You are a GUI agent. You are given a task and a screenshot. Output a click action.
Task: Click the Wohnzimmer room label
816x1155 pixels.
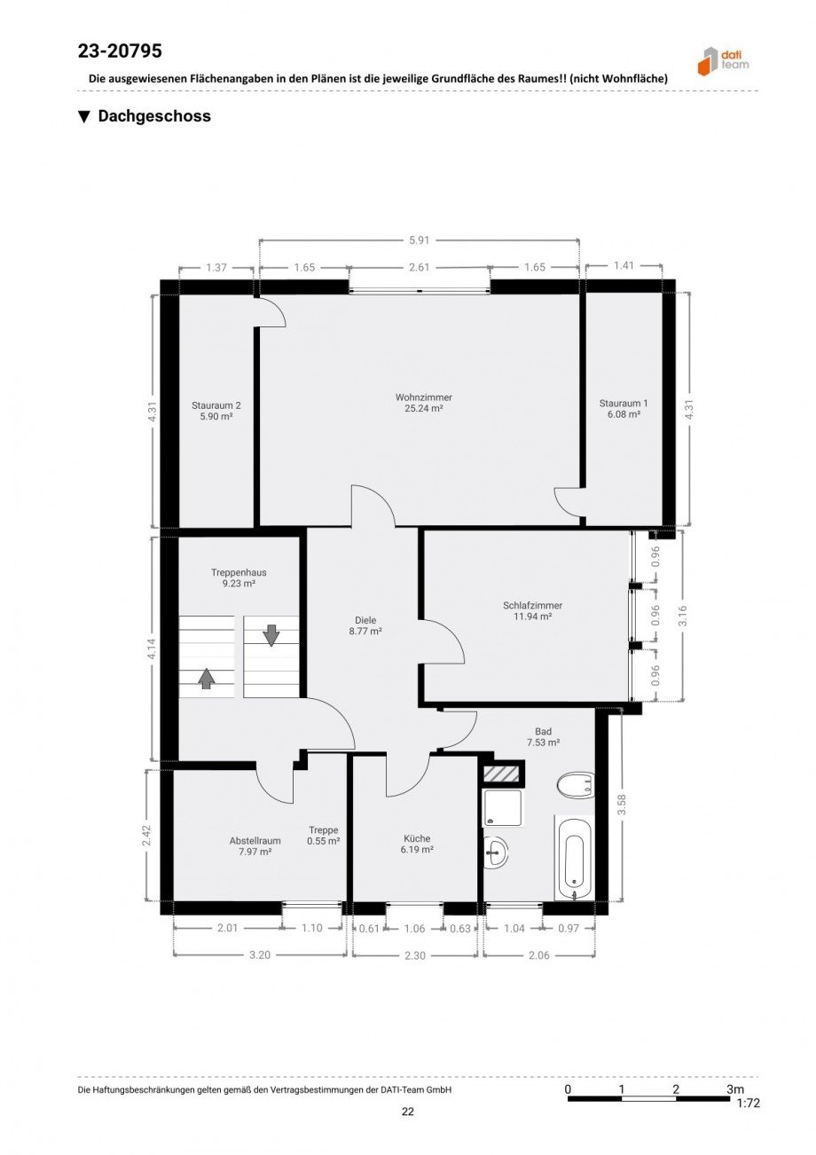click(x=424, y=397)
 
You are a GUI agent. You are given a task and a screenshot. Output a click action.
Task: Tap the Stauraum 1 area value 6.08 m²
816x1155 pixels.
click(x=624, y=414)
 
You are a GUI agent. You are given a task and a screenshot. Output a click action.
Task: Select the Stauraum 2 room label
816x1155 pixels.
click(x=216, y=405)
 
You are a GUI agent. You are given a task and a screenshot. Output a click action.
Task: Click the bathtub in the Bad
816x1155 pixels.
click(x=574, y=858)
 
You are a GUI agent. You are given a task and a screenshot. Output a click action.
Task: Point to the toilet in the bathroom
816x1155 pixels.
click(x=576, y=786)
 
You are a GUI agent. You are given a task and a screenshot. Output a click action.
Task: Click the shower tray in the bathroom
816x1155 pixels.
click(x=502, y=807)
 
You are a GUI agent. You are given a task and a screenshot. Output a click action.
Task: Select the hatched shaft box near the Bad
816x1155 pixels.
click(x=501, y=773)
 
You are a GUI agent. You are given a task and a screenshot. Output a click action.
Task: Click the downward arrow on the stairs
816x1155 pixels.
click(x=271, y=635)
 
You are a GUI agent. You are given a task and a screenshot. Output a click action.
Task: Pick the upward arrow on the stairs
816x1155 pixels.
click(x=207, y=678)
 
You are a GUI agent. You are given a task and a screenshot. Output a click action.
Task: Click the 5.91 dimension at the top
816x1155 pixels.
click(x=419, y=240)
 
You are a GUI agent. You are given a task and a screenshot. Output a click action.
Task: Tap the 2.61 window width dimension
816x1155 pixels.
click(x=419, y=267)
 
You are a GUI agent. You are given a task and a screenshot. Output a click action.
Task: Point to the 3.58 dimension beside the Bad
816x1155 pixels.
click(x=621, y=805)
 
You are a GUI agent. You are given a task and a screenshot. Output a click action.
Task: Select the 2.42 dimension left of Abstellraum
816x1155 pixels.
click(x=147, y=835)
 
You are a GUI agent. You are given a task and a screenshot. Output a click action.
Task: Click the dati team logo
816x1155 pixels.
click(x=723, y=61)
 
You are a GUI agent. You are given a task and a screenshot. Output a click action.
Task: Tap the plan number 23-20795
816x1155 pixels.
click(x=120, y=51)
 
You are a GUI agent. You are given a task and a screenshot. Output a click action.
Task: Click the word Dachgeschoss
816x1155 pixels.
click(x=154, y=115)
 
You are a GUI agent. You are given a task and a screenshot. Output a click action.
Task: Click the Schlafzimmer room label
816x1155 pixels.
click(x=532, y=605)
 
